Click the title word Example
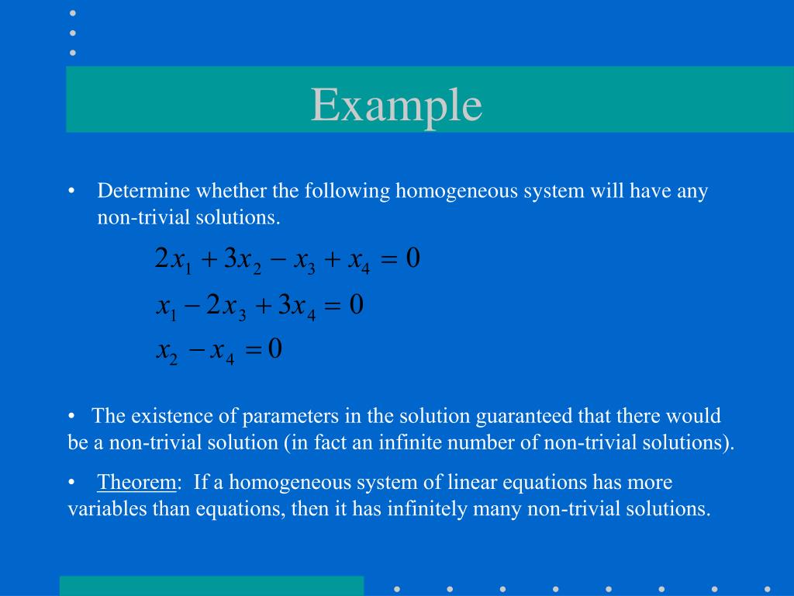click(x=397, y=106)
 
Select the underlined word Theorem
click(x=136, y=483)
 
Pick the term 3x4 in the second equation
click(x=297, y=306)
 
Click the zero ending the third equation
click(x=274, y=351)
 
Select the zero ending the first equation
click(x=413, y=259)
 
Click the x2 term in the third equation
click(x=167, y=352)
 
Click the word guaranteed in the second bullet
click(x=524, y=416)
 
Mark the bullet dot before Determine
click(x=71, y=192)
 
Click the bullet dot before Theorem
click(x=71, y=483)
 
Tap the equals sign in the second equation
click(x=331, y=307)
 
